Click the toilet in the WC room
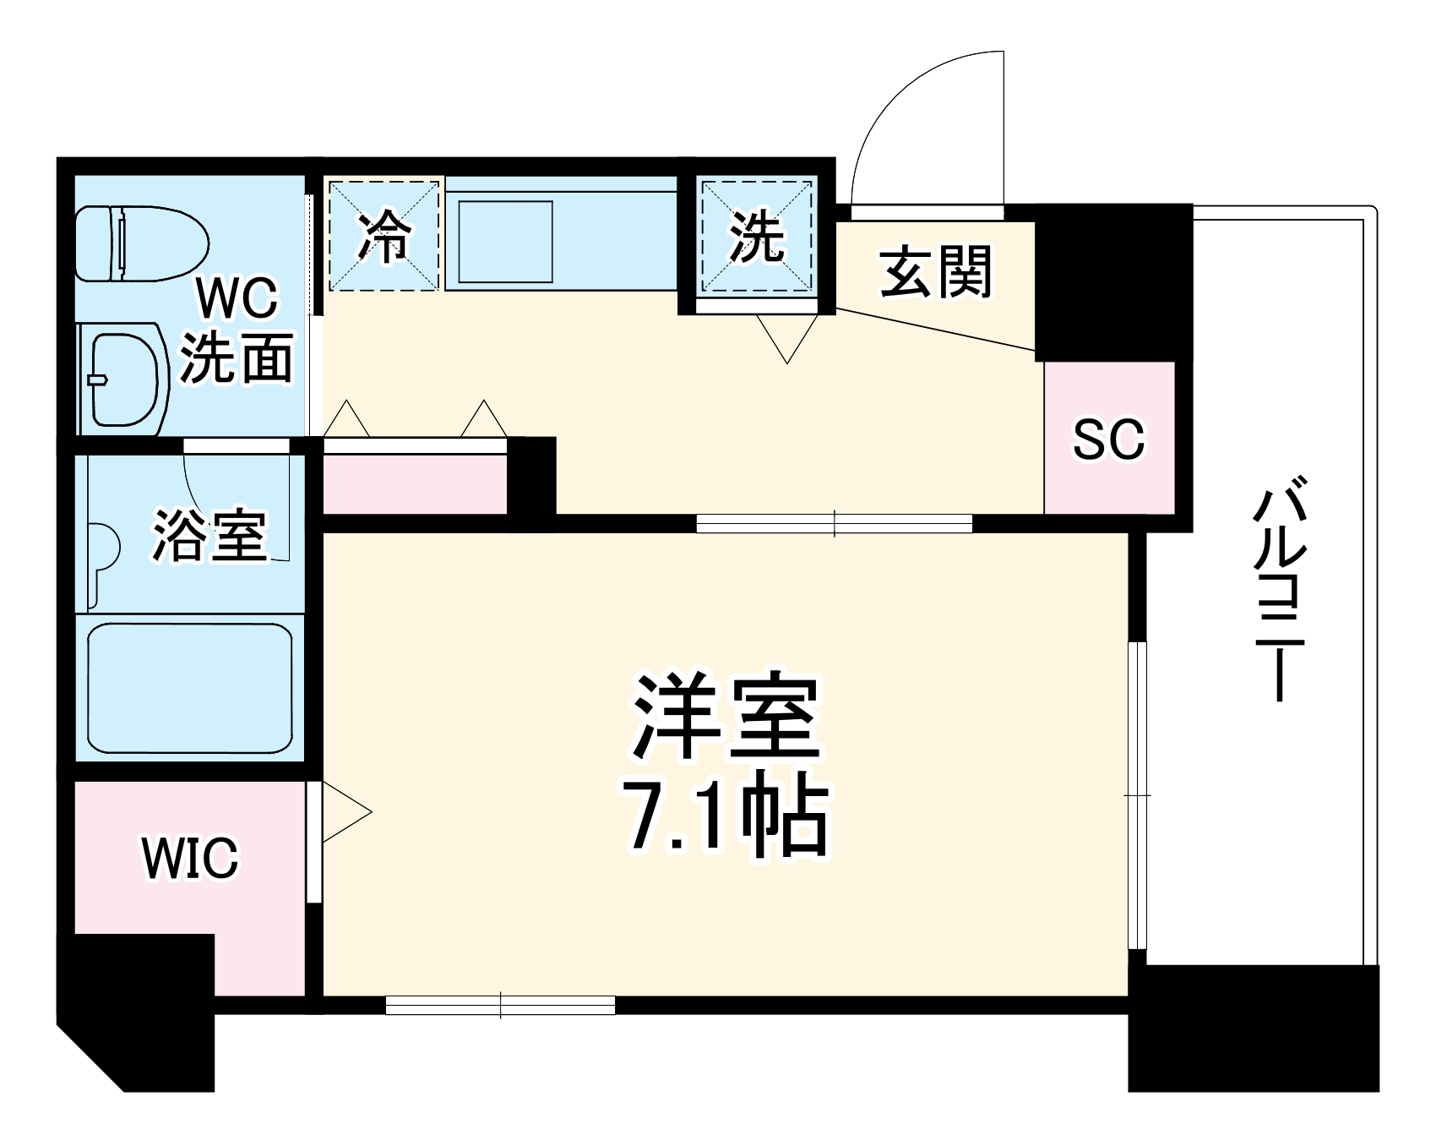[x=141, y=244]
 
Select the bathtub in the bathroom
[x=190, y=689]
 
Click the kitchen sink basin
[x=505, y=241]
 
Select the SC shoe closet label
[x=1108, y=439]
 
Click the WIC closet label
[x=190, y=857]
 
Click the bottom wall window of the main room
[x=500, y=1005]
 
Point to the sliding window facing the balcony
[x=1138, y=794]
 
